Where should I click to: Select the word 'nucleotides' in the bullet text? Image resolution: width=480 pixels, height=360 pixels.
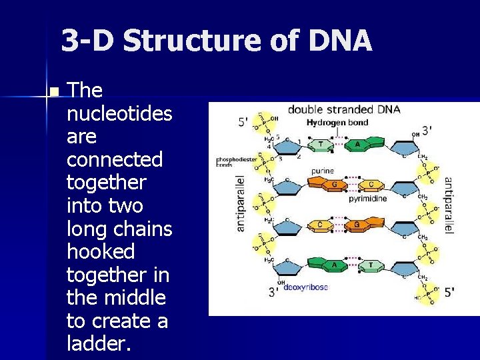pyautogui.click(x=119, y=114)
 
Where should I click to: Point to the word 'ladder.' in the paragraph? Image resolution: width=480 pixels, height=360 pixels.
pyautogui.click(x=100, y=343)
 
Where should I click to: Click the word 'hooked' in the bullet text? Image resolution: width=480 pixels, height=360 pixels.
pyautogui.click(x=101, y=251)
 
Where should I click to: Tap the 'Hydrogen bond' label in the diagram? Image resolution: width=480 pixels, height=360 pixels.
pyautogui.click(x=337, y=123)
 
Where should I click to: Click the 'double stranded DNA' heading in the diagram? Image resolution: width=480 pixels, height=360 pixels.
pyautogui.click(x=343, y=109)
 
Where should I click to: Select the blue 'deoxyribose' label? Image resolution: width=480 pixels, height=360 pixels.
pyautogui.click(x=305, y=287)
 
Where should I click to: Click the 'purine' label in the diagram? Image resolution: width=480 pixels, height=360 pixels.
pyautogui.click(x=322, y=171)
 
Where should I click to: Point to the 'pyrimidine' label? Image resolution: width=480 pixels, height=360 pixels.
pyautogui.click(x=367, y=199)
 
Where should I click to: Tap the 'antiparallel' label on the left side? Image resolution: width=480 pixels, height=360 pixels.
pyautogui.click(x=241, y=203)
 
